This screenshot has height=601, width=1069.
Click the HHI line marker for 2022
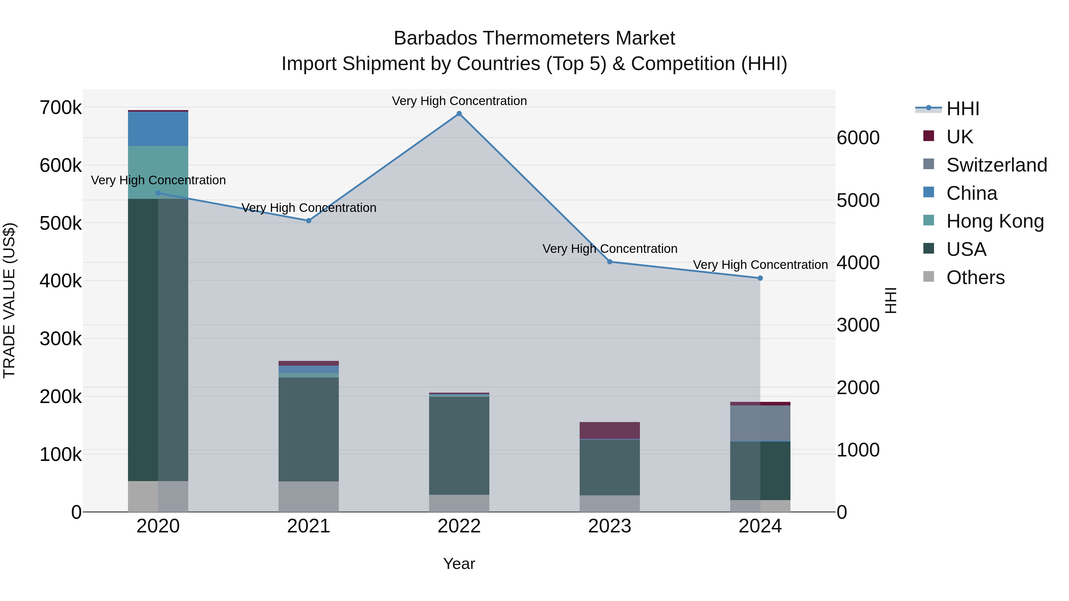[459, 114]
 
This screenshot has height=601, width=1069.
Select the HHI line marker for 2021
[308, 221]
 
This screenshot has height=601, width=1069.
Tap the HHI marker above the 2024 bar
[760, 278]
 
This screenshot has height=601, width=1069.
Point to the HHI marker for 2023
[610, 262]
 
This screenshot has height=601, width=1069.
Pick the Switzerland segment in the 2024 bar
[760, 423]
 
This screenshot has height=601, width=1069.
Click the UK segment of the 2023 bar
[610, 431]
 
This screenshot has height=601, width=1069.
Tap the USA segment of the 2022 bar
[459, 445]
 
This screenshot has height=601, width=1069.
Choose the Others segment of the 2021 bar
[308, 497]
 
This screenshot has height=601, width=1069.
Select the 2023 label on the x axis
[610, 526]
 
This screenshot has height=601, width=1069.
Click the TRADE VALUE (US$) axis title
[9, 300]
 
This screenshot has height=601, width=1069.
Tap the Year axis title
[459, 564]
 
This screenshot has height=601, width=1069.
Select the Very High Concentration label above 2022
[459, 101]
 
